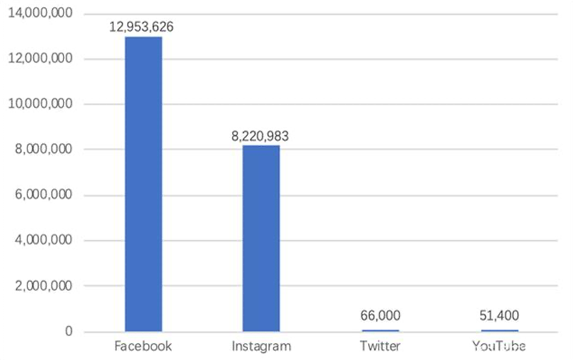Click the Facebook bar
143,183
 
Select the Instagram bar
261,238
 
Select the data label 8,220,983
260,136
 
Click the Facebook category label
143,347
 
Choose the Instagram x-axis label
261,347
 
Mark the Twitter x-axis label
380,347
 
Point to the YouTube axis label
499,347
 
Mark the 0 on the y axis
68,332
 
